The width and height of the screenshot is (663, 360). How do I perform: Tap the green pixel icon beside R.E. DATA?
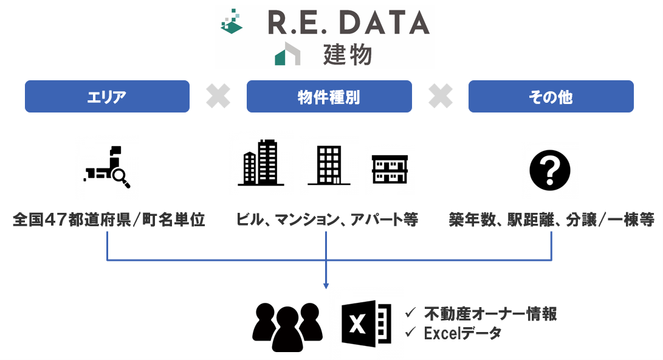(x=232, y=22)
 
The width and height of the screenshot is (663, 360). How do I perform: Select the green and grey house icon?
(x=287, y=54)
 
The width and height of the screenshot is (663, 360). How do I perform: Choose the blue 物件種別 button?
(x=329, y=97)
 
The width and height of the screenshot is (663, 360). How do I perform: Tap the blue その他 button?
(x=551, y=97)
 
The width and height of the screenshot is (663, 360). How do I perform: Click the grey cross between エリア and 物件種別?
(x=218, y=97)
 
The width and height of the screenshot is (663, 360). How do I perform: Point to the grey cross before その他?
(x=441, y=97)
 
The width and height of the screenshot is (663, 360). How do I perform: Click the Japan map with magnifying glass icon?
(x=108, y=166)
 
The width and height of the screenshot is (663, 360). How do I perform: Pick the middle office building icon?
(x=329, y=165)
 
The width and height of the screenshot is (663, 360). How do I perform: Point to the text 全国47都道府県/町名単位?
(x=109, y=220)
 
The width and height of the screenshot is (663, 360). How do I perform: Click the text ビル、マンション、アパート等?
(x=327, y=220)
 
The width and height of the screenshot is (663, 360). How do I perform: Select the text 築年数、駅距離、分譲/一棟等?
(x=551, y=220)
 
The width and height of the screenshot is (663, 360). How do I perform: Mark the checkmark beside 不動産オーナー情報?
(x=410, y=313)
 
